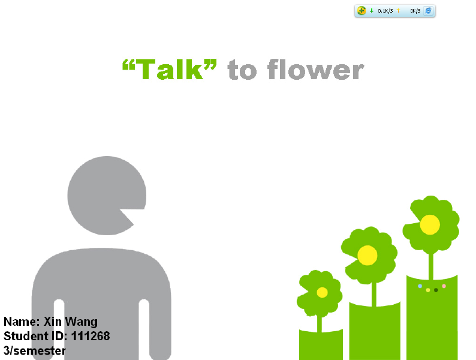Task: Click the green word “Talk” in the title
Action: tap(170, 69)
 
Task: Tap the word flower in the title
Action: tap(316, 69)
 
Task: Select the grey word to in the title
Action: tap(242, 70)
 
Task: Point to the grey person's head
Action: tap(107, 196)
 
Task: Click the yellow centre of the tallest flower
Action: tap(430, 225)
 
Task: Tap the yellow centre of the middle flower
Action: tap(367, 256)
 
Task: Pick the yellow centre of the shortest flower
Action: tap(322, 293)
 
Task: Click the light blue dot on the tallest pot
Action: tap(420, 286)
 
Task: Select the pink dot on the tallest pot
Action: tap(444, 286)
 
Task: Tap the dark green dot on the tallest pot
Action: tap(436, 290)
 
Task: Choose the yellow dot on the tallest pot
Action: tap(427, 290)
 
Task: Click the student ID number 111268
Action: tap(91, 336)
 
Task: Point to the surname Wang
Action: tap(82, 322)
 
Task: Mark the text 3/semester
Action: tap(34, 350)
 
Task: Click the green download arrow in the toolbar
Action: tap(372, 11)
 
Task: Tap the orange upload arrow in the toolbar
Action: tap(398, 11)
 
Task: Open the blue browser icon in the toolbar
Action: tap(428, 11)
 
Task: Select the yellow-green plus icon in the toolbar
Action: tap(361, 11)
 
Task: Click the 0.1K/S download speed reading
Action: tap(385, 11)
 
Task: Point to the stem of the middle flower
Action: tap(374, 295)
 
